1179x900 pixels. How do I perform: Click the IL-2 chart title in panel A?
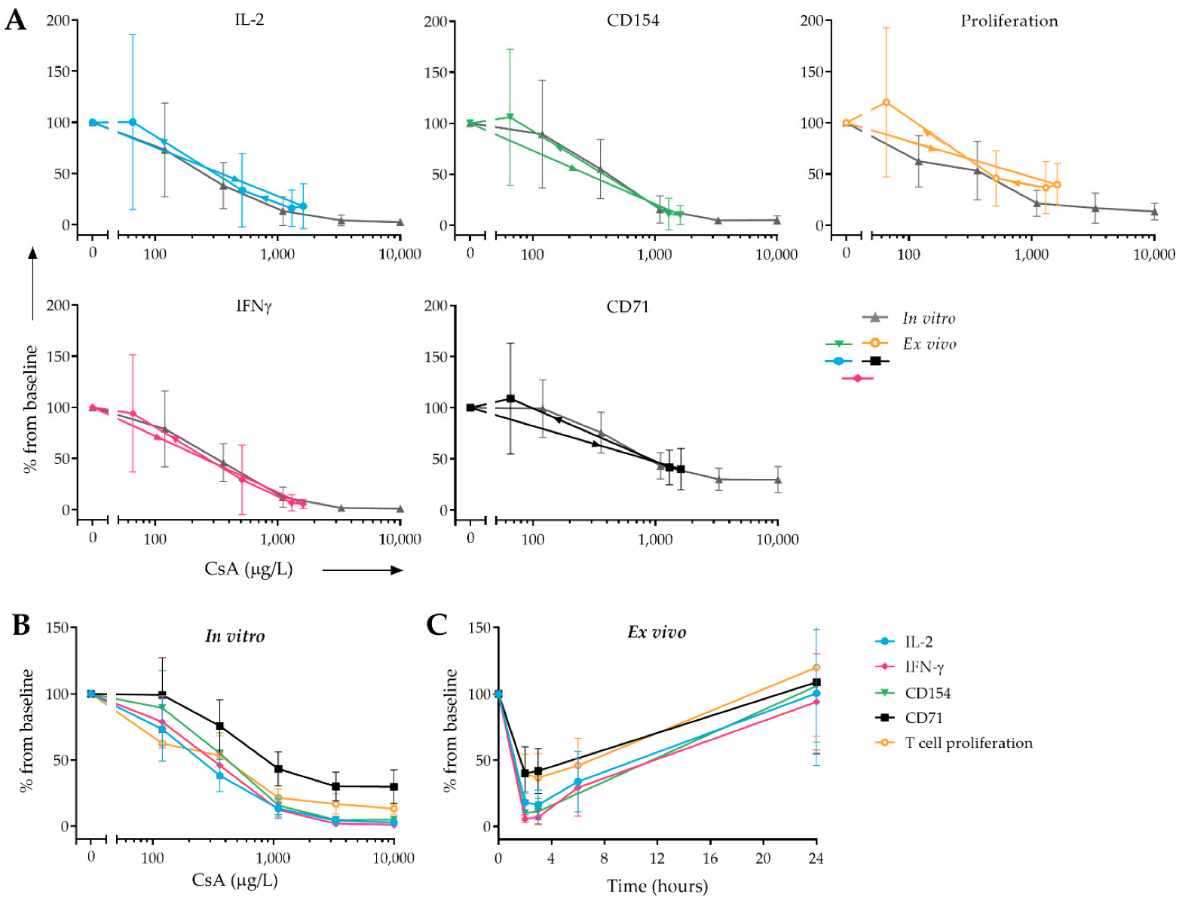pos(249,20)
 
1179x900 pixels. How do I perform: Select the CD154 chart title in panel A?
pos(632,20)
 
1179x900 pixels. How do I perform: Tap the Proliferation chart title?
pos(1009,21)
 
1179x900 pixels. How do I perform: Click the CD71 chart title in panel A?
pos(627,307)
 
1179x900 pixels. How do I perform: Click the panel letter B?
pos(20,625)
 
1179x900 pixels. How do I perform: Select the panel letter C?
pos(437,625)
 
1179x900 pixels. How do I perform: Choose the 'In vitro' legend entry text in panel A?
pos(929,319)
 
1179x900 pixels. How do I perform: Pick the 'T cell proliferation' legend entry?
pos(969,743)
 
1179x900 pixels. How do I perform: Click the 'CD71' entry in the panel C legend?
pos(923,718)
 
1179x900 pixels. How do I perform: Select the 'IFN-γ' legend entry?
pos(924,667)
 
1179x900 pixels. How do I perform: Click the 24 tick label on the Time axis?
pos(816,859)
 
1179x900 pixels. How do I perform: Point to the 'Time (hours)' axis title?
pos(657,886)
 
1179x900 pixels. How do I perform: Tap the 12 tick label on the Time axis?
pos(657,859)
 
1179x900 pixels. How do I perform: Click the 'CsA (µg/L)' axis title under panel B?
pos(234,880)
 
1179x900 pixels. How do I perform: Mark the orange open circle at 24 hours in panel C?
pos(816,667)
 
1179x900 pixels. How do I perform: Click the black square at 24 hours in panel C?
pos(816,682)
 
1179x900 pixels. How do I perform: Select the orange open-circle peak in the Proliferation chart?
pos(886,102)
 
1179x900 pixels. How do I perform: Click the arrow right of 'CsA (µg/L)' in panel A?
pos(363,570)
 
